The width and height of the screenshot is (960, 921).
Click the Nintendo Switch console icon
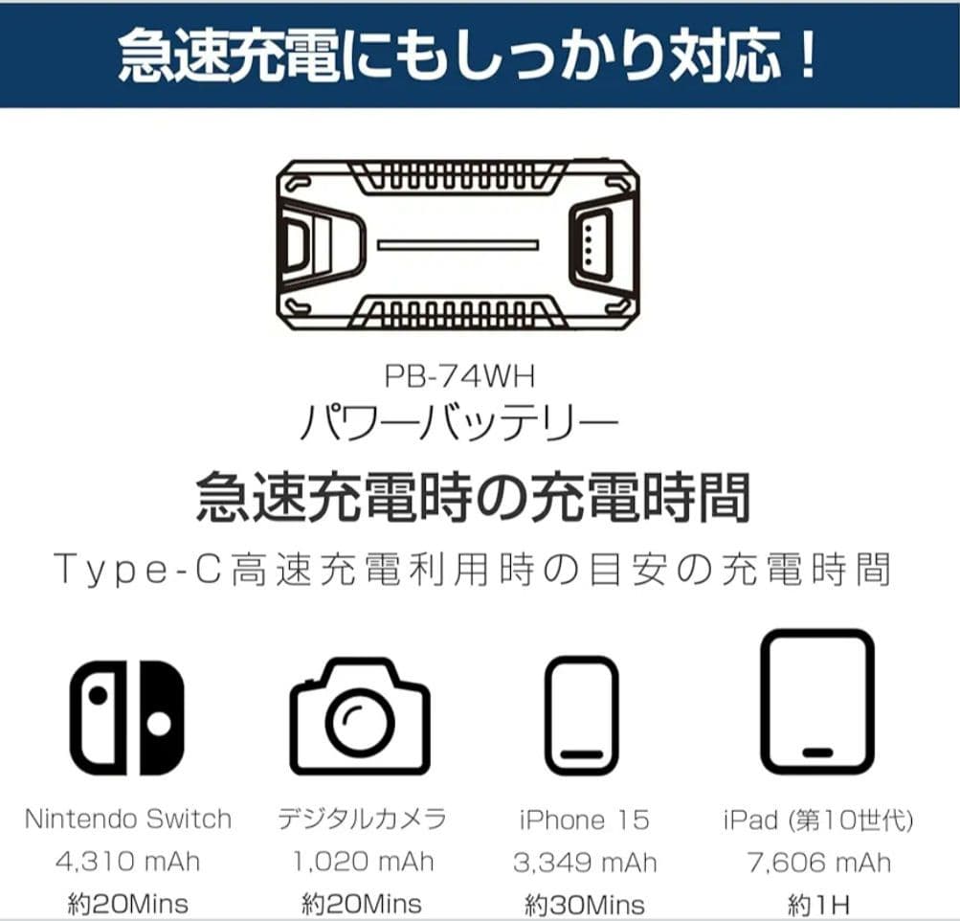127,717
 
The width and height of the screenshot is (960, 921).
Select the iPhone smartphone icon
581,715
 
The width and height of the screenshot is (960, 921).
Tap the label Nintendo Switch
128,820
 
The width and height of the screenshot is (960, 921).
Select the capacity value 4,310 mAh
126,861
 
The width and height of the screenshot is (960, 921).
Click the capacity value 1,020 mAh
361,861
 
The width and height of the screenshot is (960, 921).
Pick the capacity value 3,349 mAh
585,862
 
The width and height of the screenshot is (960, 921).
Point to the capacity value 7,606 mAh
818,862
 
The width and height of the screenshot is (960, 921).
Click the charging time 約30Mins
585,904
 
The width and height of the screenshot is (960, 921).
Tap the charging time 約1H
819,904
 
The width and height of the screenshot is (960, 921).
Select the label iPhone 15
584,820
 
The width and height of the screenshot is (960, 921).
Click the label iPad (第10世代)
818,820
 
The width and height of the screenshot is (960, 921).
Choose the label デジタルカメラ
361,820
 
